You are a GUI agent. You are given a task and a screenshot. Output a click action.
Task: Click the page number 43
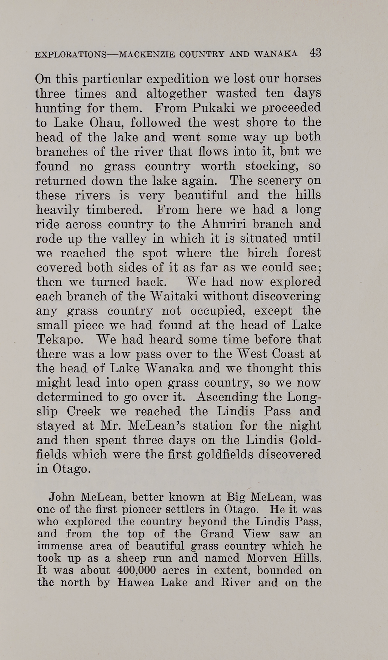coord(315,53)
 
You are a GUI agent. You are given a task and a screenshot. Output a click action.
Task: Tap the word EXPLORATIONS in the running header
coord(70,55)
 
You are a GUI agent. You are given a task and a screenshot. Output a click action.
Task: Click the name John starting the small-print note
coord(62,497)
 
